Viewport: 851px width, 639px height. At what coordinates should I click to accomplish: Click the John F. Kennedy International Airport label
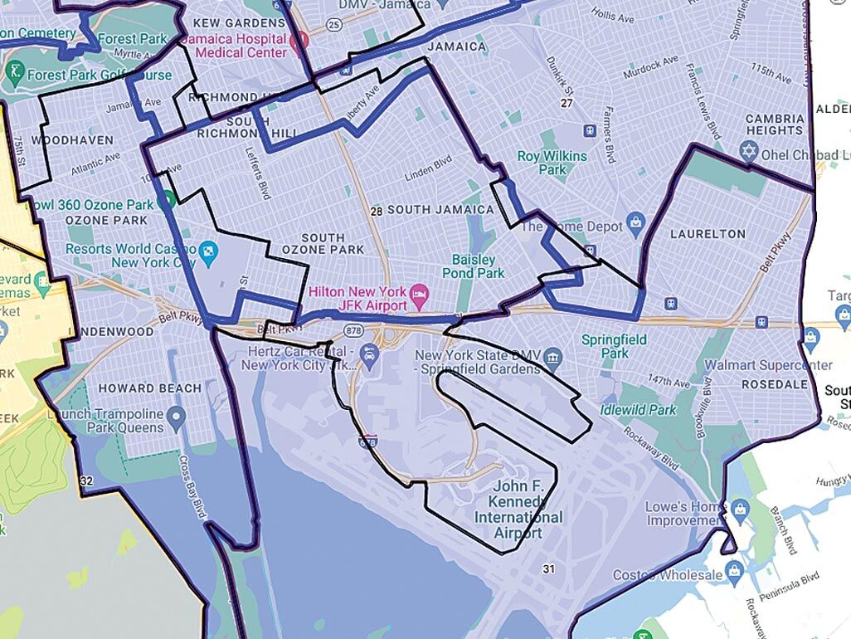click(518, 509)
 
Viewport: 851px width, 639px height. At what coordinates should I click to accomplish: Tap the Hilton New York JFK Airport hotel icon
click(420, 291)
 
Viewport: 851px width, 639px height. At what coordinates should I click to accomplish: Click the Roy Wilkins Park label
click(552, 163)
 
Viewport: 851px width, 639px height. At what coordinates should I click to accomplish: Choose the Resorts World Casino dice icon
click(209, 249)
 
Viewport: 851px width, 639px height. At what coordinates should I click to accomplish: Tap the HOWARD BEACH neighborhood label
click(149, 388)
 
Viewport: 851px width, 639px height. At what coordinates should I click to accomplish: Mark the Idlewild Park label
click(639, 410)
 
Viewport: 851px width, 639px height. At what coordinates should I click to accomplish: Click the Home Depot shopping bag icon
click(635, 221)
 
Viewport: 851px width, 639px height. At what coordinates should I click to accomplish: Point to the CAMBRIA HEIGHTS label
click(775, 124)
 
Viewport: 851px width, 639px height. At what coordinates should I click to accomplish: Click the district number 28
click(377, 212)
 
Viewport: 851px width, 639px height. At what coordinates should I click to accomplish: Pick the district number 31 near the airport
click(547, 568)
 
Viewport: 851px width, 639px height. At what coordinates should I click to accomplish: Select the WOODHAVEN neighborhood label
click(72, 140)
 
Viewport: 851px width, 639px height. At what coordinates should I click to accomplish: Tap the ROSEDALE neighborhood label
click(773, 385)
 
